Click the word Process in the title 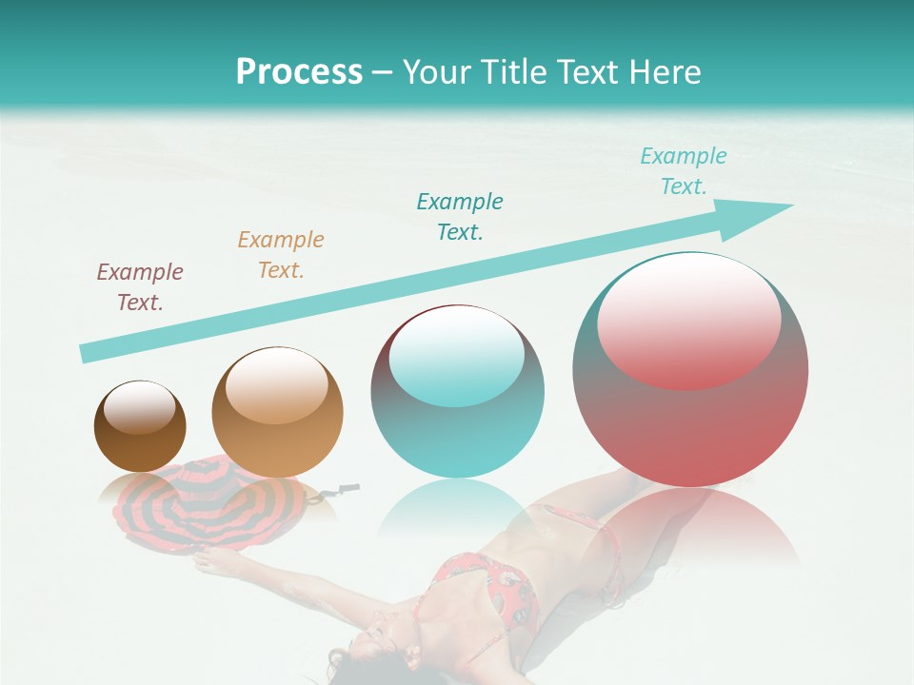pyautogui.click(x=299, y=72)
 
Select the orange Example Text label pyautogui.click(x=281, y=255)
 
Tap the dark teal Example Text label pyautogui.click(x=460, y=217)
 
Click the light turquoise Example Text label pyautogui.click(x=683, y=171)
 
